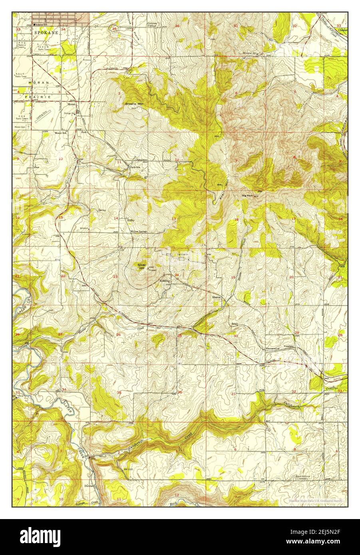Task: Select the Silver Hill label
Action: coord(141,266)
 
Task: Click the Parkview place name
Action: coord(135,167)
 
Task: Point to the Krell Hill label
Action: coord(225,192)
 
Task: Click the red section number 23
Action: coord(115,276)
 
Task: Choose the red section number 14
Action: coord(116,218)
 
